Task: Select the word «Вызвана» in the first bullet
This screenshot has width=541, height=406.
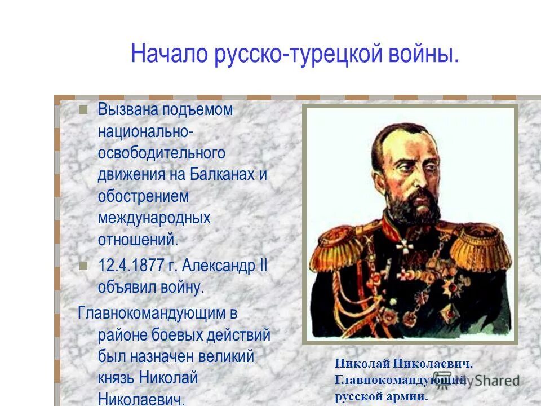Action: pyautogui.click(x=126, y=110)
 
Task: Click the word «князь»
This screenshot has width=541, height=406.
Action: pyautogui.click(x=116, y=378)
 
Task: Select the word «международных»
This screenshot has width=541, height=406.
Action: pyautogui.click(x=154, y=218)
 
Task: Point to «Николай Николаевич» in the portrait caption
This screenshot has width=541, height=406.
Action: pyautogui.click(x=403, y=364)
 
